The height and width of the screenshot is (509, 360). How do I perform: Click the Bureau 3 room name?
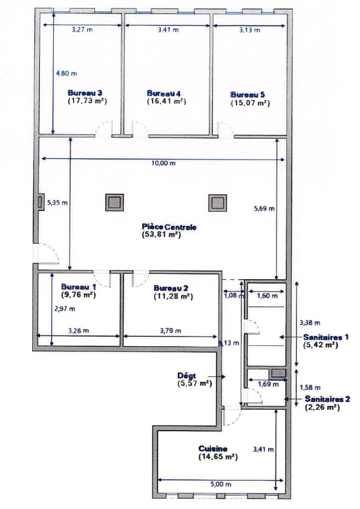pyautogui.click(x=85, y=93)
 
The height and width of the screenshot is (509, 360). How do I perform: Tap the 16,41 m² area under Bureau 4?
pyautogui.click(x=166, y=101)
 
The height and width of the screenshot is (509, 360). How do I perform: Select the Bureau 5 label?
pyautogui.click(x=247, y=95)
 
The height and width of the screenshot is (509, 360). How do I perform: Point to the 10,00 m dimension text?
pyautogui.click(x=164, y=163)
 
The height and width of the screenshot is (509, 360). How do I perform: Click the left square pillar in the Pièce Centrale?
pyautogui.click(x=114, y=202)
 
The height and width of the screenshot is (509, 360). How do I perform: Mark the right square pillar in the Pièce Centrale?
pyautogui.click(x=218, y=203)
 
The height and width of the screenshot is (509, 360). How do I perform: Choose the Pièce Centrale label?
pyautogui.click(x=169, y=227)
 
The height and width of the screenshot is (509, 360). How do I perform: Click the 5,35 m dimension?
pyautogui.click(x=57, y=203)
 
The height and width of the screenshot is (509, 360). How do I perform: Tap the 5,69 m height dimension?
pyautogui.click(x=264, y=208)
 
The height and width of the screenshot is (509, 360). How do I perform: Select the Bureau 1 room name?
pyautogui.click(x=79, y=287)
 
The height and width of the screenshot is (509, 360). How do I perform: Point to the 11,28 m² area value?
pyautogui.click(x=173, y=296)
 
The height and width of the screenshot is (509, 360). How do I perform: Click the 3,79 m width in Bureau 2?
pyautogui.click(x=171, y=330)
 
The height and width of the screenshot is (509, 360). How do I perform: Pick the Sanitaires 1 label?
pyautogui.click(x=326, y=337)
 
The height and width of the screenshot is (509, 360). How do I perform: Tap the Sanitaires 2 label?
pyautogui.click(x=327, y=399)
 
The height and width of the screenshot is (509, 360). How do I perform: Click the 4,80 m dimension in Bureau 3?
pyautogui.click(x=66, y=73)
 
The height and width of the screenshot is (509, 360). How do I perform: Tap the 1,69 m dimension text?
pyautogui.click(x=268, y=384)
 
